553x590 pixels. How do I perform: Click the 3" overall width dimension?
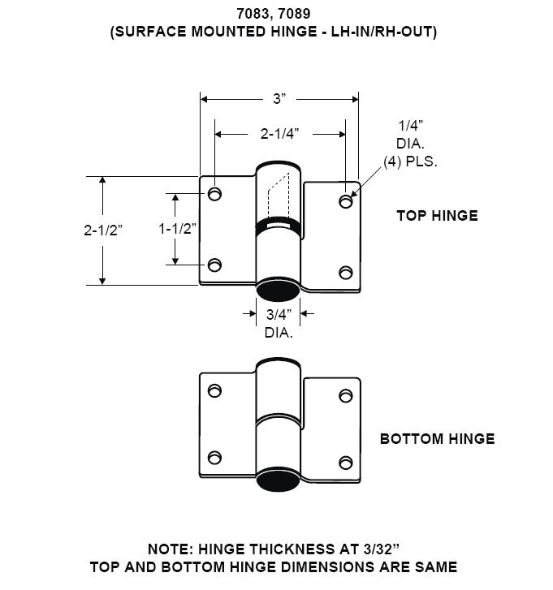click(x=279, y=99)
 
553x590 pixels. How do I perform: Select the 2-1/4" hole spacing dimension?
click(x=279, y=134)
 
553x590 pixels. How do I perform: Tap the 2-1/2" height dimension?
click(x=103, y=230)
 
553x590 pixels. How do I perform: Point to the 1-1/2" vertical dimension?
click(x=177, y=228)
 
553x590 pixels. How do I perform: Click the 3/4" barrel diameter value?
click(x=279, y=315)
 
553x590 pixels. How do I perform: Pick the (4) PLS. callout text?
click(x=410, y=161)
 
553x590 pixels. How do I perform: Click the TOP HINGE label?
click(x=438, y=216)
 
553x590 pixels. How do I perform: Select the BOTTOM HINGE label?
click(x=438, y=439)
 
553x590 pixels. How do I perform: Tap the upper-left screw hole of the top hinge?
click(x=214, y=194)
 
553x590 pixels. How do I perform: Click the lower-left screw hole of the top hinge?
click(x=214, y=265)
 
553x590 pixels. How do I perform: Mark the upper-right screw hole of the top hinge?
click(x=346, y=201)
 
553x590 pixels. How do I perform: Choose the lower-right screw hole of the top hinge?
click(x=346, y=273)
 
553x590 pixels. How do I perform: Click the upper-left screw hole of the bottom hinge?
click(x=214, y=390)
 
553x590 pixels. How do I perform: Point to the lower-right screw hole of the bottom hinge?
click(x=346, y=463)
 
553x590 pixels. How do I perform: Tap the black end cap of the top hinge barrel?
click(x=279, y=290)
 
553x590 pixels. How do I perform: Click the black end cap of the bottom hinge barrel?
click(x=279, y=481)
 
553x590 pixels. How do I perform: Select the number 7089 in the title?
click(x=295, y=14)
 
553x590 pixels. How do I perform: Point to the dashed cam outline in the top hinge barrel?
click(x=279, y=196)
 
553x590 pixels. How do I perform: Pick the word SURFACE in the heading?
click(x=150, y=31)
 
